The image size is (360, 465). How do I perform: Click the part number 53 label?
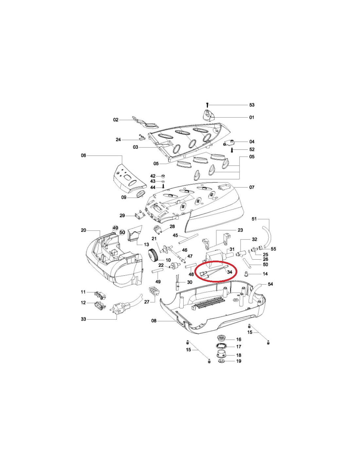[252, 105]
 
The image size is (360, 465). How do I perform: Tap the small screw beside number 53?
[207, 105]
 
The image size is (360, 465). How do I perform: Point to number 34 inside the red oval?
[229, 272]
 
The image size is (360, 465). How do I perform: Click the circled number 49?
[115, 228]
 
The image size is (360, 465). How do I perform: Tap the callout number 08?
[154, 327]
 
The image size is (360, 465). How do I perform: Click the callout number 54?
[270, 284]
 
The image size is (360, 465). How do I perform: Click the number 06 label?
[83, 155]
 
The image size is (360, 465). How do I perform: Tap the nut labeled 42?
[163, 176]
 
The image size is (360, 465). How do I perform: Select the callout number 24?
[118, 140]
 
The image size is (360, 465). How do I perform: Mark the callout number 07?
[252, 187]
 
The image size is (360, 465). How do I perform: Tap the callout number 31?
[232, 249]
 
